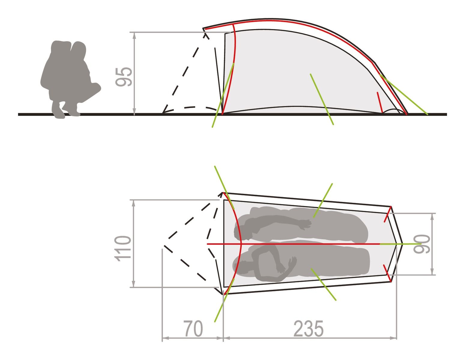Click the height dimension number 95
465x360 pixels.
click(x=124, y=77)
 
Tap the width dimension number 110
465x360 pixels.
click(x=123, y=249)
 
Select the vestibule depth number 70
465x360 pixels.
click(x=193, y=329)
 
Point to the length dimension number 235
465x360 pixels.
click(x=308, y=329)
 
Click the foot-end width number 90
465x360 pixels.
click(x=421, y=244)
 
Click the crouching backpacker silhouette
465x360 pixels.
click(x=70, y=79)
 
